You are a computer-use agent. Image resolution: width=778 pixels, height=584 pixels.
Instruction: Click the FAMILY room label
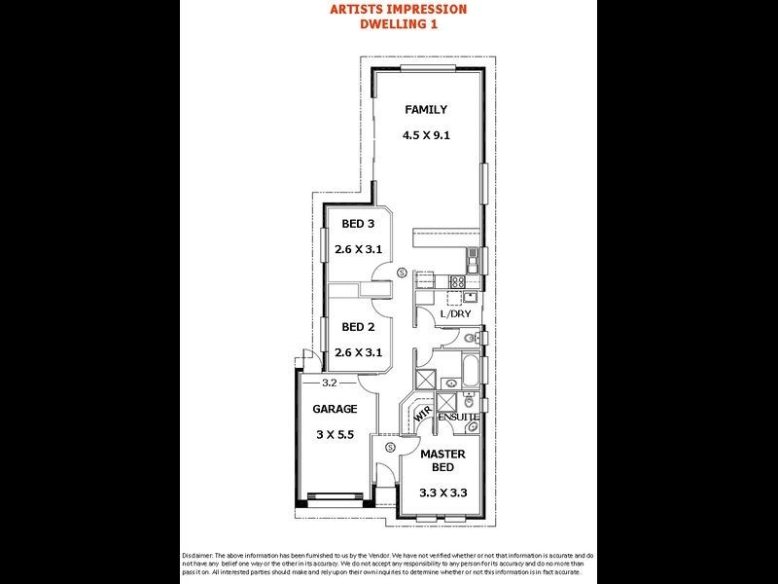pyautogui.click(x=426, y=110)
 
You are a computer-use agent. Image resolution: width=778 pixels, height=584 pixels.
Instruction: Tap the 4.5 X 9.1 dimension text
pyautogui.click(x=426, y=136)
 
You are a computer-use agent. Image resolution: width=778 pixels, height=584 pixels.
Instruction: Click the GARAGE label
pyautogui.click(x=335, y=409)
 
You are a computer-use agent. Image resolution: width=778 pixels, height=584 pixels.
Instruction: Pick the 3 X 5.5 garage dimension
pyautogui.click(x=335, y=435)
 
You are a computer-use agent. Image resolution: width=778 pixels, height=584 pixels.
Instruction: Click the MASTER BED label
pyautogui.click(x=442, y=460)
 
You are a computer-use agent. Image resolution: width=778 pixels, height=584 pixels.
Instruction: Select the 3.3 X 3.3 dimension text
pyautogui.click(x=442, y=493)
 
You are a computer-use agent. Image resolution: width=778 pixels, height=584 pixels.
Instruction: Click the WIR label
pyautogui.click(x=422, y=414)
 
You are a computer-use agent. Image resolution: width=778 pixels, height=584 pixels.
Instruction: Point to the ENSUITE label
pyautogui.click(x=458, y=418)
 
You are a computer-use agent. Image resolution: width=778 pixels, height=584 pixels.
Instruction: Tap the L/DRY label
pyautogui.click(x=454, y=314)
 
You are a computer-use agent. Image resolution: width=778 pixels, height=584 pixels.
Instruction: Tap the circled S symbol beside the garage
pyautogui.click(x=389, y=447)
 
